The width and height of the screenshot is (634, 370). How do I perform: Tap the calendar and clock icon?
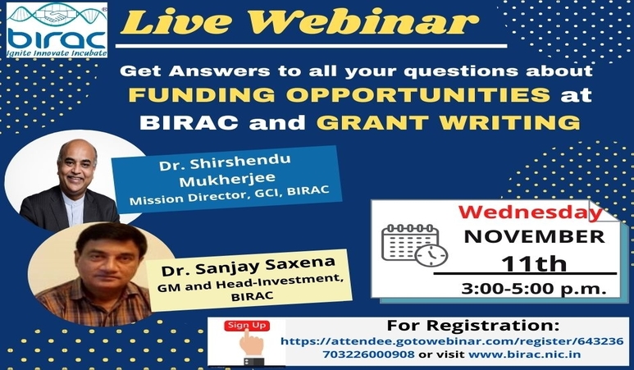pyautogui.click(x=413, y=244)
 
